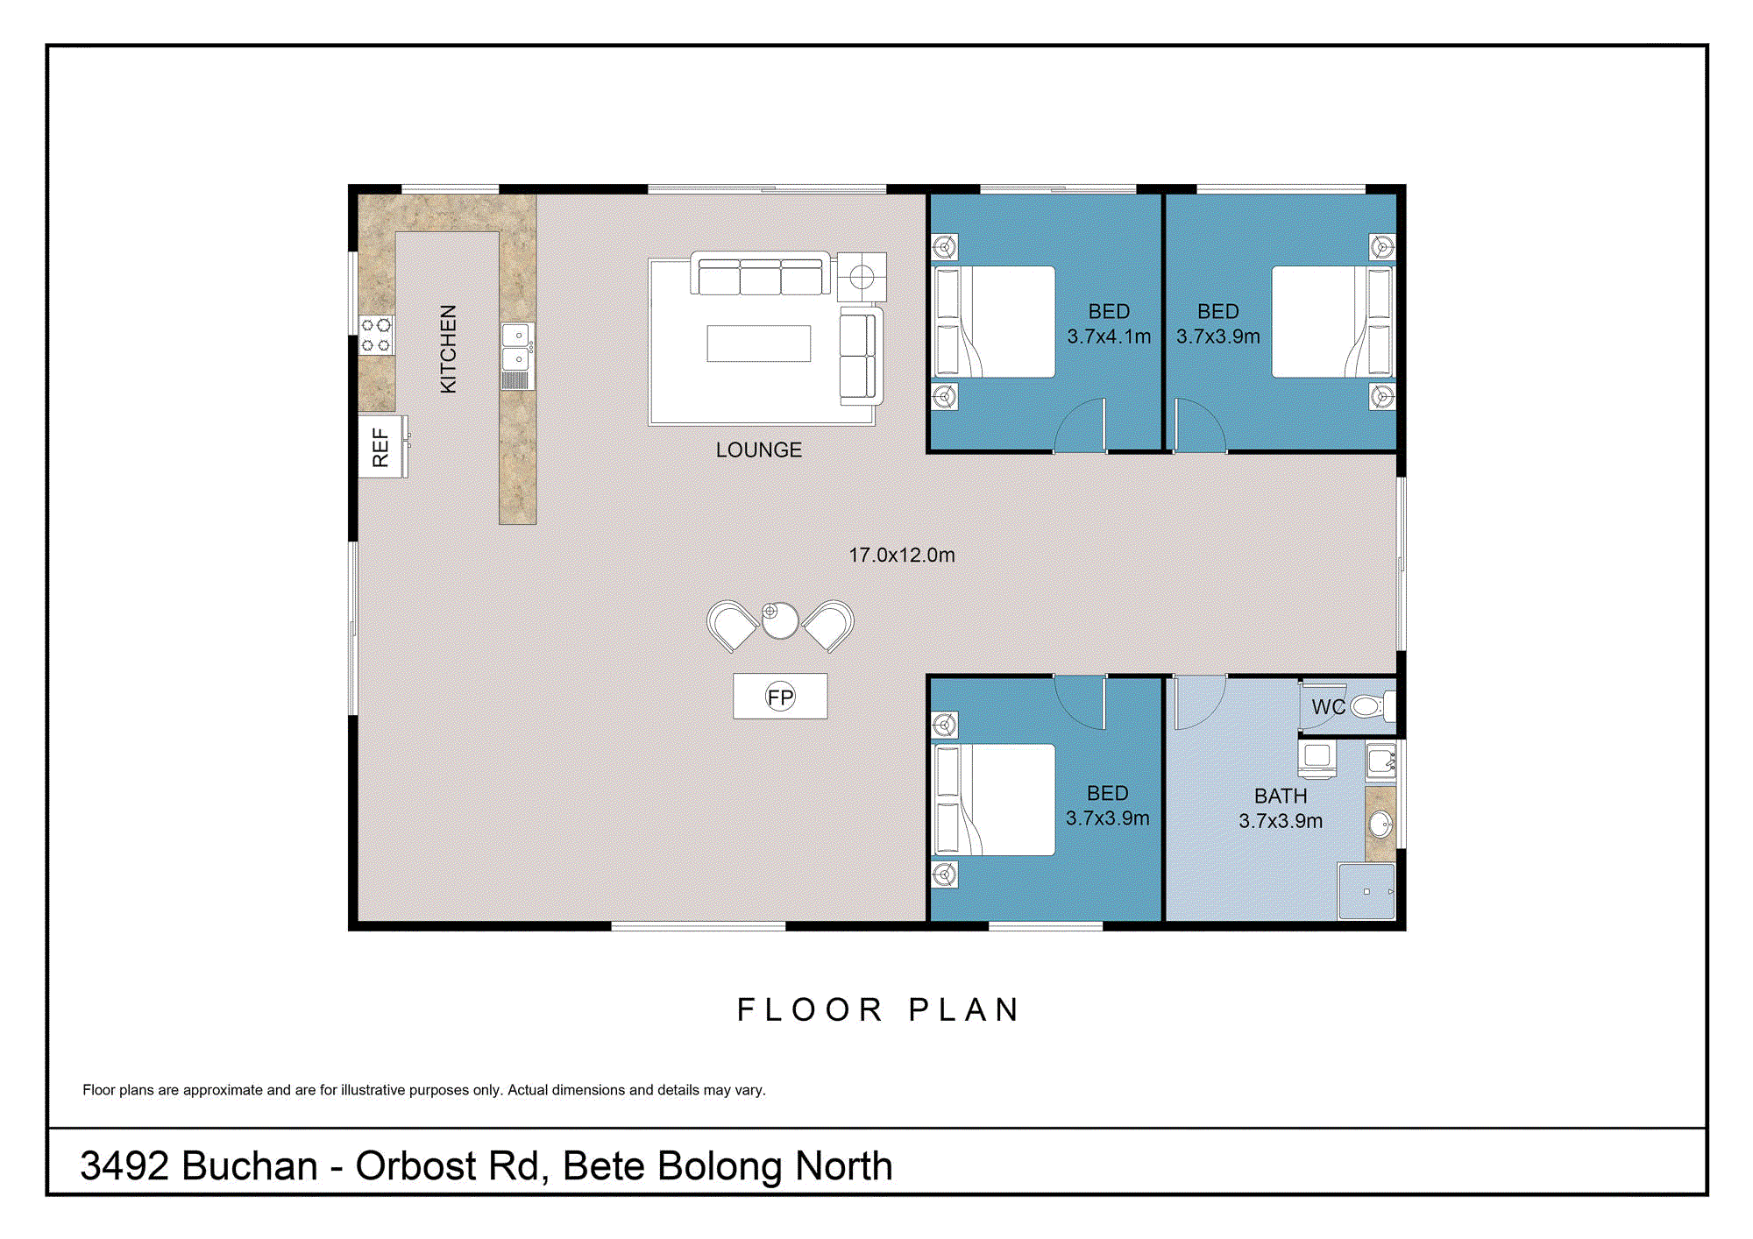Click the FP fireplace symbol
point(780,697)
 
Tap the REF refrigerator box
point(381,447)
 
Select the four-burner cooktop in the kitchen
point(376,334)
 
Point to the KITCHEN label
point(448,349)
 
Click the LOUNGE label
point(758,450)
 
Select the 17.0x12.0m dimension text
point(901,555)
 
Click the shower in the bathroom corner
point(1366,891)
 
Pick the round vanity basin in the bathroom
point(1380,824)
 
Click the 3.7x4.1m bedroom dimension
point(1109,336)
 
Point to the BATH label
point(1280,796)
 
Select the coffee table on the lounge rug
point(758,343)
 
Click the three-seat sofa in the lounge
point(760,274)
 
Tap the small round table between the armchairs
point(779,620)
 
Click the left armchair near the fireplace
point(732,625)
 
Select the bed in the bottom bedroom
point(996,799)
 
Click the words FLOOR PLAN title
point(878,1009)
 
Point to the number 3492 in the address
point(124,1166)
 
